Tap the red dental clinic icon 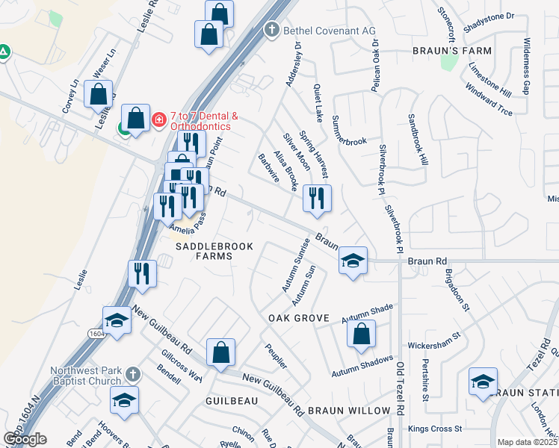[x=158, y=119]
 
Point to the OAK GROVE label [x=299, y=318]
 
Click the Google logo [x=25, y=439]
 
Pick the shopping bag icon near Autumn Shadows [x=361, y=335]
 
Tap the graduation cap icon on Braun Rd [x=353, y=261]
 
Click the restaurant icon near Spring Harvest [x=316, y=199]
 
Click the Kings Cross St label [x=436, y=429]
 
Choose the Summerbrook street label [x=349, y=130]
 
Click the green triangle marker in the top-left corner [x=4, y=53]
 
